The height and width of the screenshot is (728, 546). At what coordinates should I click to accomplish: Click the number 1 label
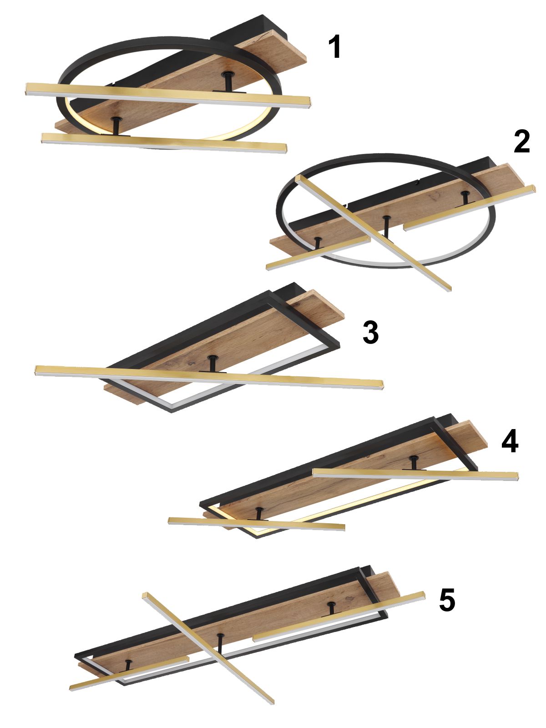coord(335,47)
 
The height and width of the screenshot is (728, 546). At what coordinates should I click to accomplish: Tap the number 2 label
coord(522,142)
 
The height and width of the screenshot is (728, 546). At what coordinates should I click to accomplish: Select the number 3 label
coord(371,333)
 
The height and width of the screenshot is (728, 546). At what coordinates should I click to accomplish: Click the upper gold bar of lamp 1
coord(168,95)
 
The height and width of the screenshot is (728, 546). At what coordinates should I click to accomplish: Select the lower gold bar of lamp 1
coord(164,142)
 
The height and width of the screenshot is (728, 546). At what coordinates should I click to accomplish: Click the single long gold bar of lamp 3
coord(209,377)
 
